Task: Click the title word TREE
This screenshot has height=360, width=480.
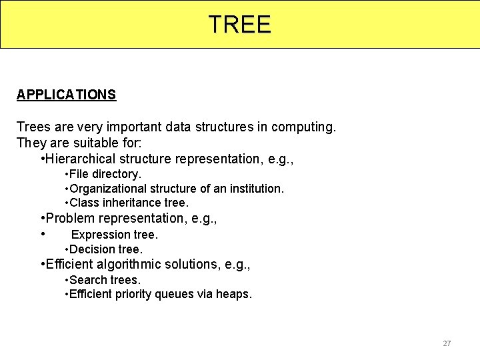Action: (x=239, y=25)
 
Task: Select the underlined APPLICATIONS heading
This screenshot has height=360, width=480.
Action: (x=66, y=95)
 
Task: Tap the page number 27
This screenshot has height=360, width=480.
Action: (x=447, y=343)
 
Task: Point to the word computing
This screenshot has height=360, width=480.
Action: (x=305, y=127)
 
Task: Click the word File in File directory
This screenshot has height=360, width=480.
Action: (x=79, y=174)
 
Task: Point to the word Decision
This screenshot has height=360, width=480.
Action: (x=90, y=249)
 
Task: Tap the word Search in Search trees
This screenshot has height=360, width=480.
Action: (x=87, y=280)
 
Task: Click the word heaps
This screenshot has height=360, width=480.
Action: (x=234, y=294)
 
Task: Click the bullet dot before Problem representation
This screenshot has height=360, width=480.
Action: (x=42, y=218)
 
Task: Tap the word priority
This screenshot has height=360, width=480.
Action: (x=133, y=294)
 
